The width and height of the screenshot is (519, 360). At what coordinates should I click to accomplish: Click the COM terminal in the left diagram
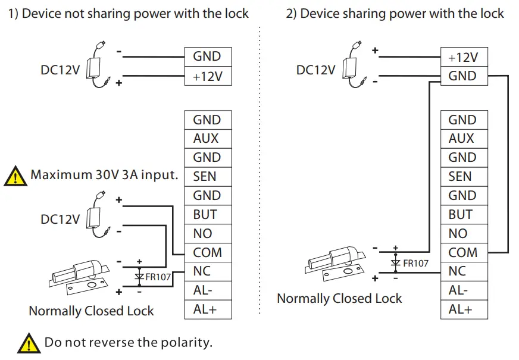click(x=207, y=252)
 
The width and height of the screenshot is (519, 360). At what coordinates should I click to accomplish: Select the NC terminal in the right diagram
click(x=462, y=271)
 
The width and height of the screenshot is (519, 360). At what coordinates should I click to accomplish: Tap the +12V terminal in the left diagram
click(x=207, y=76)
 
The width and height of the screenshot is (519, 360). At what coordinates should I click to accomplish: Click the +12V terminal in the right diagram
click(x=462, y=57)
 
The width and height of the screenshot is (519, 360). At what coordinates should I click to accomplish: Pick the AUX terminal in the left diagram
click(x=207, y=139)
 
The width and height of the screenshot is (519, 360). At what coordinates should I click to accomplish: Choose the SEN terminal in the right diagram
click(x=462, y=177)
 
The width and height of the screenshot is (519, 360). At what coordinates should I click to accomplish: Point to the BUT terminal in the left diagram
click(x=207, y=214)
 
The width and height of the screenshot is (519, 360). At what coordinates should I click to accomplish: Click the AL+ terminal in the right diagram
click(x=462, y=309)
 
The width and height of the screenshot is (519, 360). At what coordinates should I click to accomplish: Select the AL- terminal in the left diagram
click(x=207, y=290)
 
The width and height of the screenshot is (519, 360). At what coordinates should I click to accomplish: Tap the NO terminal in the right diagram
click(x=462, y=233)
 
